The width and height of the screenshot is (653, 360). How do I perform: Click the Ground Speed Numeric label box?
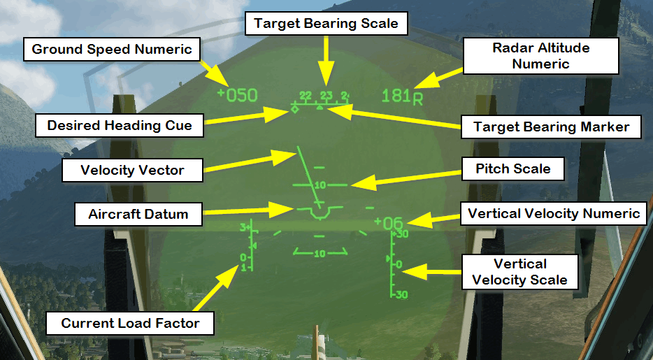(113, 50)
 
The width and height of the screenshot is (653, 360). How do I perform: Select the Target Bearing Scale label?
(326, 23)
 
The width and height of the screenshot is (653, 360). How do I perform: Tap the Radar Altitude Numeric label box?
(540, 56)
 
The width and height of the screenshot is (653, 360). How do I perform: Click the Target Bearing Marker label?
(552, 127)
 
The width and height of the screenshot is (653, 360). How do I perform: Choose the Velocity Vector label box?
(132, 170)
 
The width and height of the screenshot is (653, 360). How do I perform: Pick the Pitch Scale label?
(512, 168)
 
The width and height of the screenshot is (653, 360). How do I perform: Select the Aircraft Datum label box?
(138, 214)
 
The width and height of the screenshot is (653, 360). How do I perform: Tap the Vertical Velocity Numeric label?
(554, 213)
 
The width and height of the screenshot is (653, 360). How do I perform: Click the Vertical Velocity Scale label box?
(519, 272)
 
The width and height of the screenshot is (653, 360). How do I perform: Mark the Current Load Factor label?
(130, 323)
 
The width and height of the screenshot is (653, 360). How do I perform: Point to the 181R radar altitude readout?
(403, 96)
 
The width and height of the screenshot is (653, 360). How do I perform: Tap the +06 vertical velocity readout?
(389, 224)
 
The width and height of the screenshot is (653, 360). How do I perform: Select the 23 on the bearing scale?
(326, 95)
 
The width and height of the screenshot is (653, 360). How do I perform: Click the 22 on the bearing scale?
(306, 95)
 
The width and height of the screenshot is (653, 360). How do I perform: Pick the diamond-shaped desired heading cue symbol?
(295, 109)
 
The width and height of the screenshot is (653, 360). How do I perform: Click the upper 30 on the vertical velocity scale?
(402, 235)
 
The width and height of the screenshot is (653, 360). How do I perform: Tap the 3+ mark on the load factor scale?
(244, 228)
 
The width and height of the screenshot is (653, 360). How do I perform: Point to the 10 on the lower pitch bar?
(320, 254)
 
